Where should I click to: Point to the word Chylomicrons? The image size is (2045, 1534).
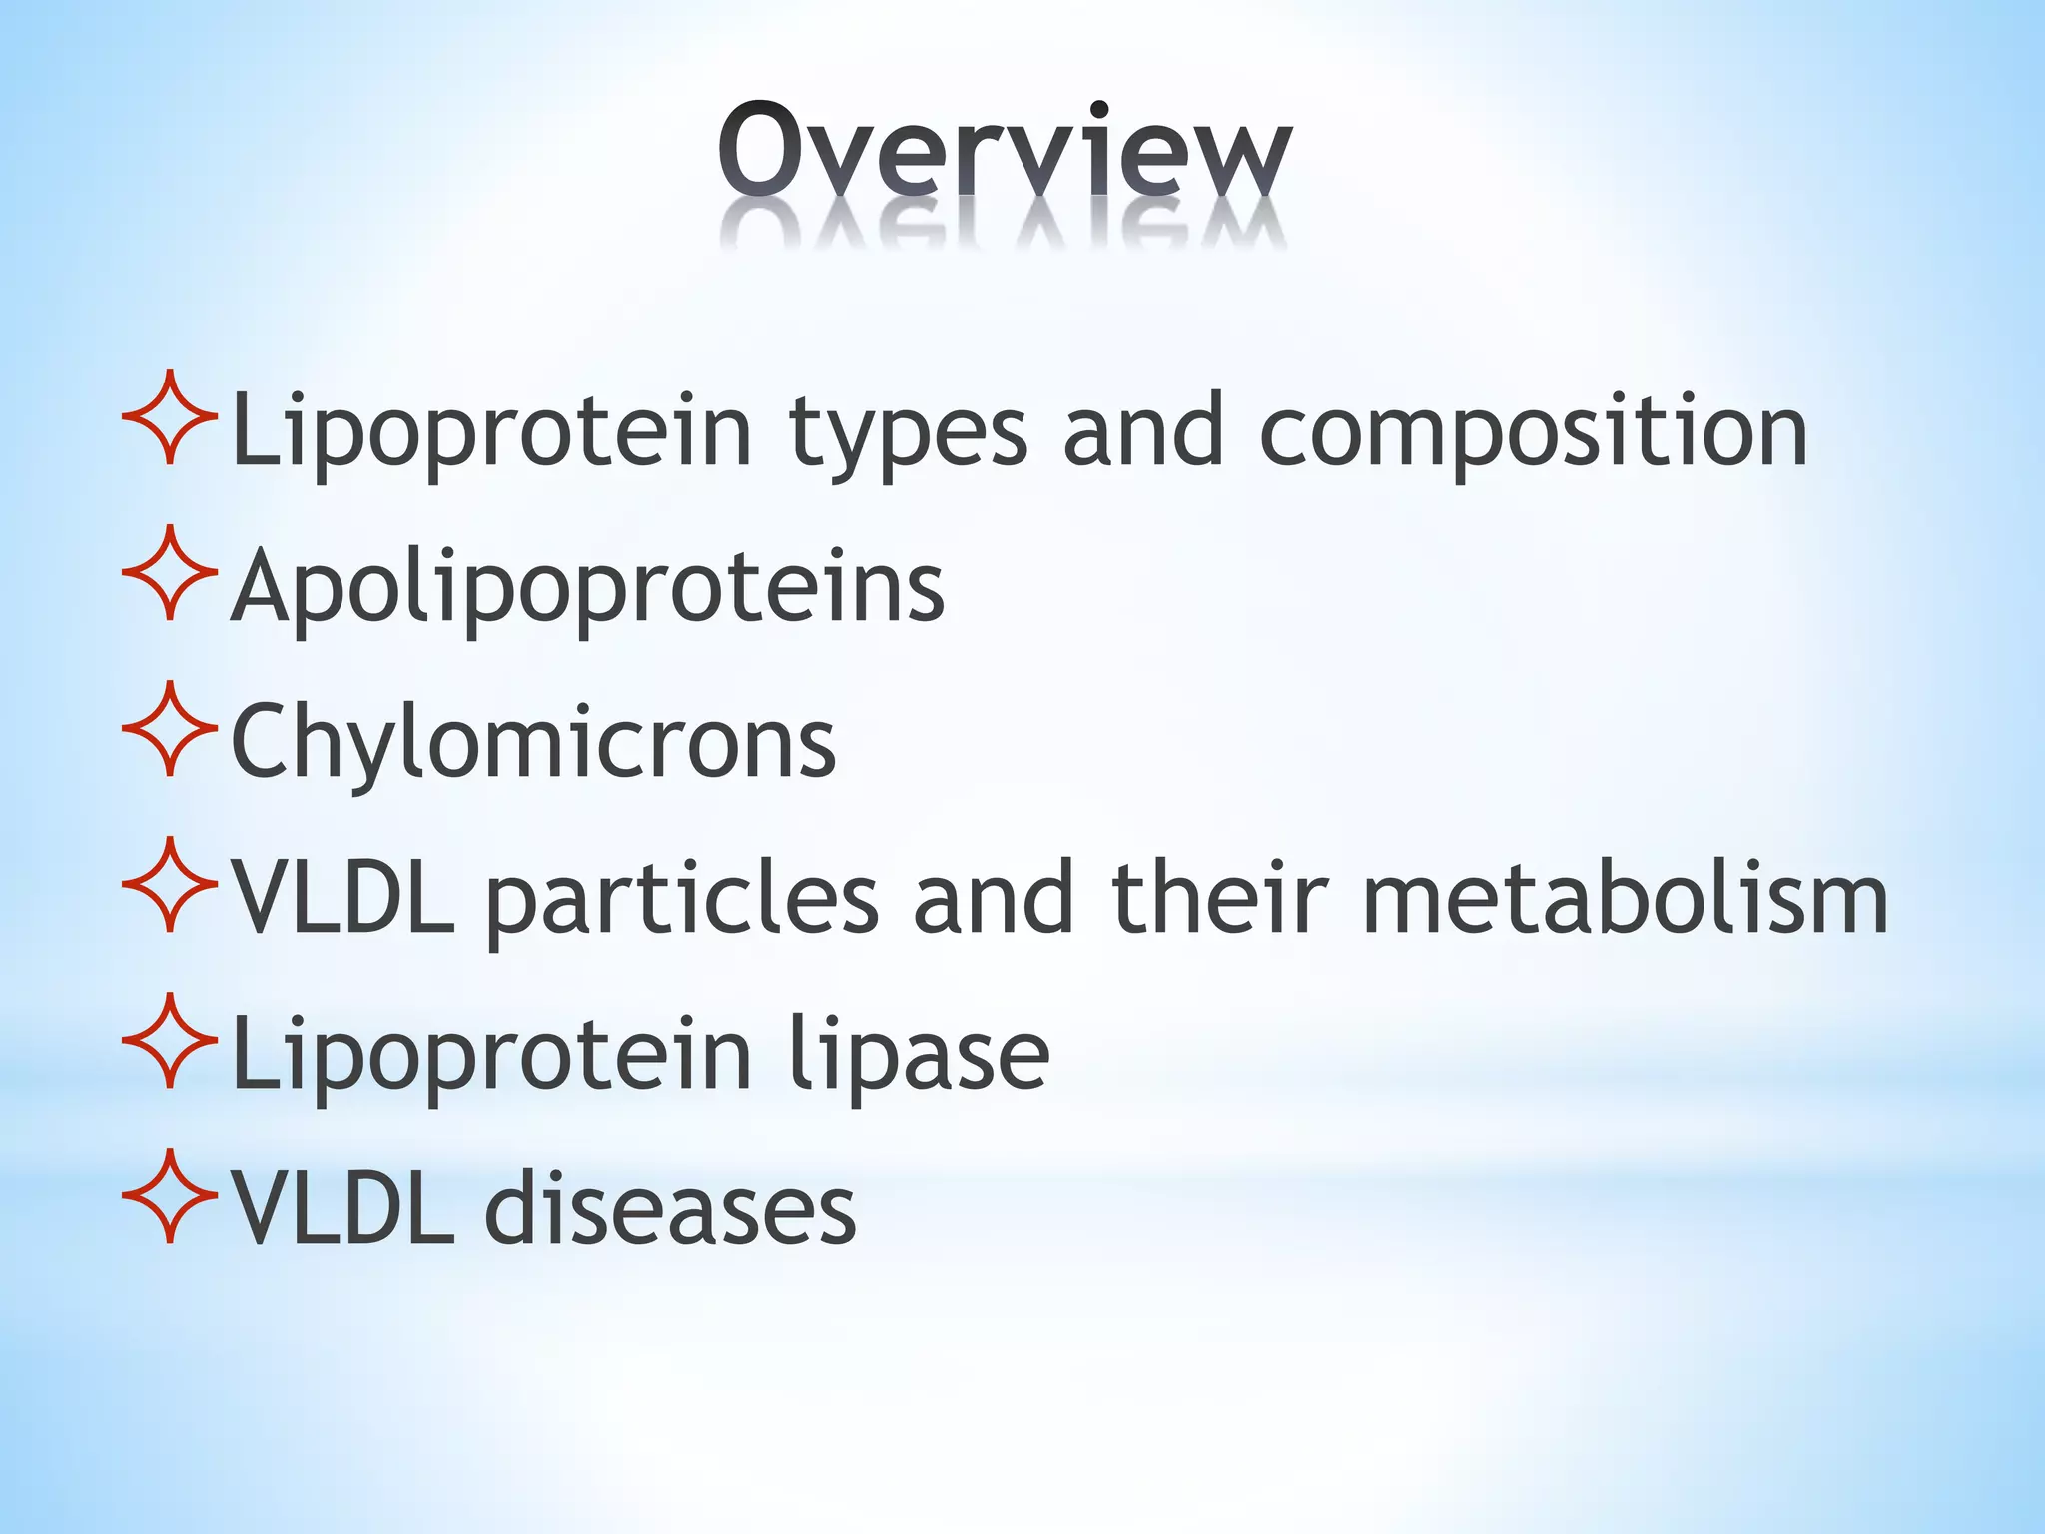point(533,743)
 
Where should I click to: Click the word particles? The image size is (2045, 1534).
point(681,899)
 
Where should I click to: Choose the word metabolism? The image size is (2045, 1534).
point(1625,899)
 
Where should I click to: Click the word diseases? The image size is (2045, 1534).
point(670,1210)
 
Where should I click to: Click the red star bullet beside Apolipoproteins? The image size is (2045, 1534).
point(170,573)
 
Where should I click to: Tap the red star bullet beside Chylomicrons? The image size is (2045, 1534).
point(170,729)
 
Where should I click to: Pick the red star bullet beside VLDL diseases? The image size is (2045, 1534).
point(170,1196)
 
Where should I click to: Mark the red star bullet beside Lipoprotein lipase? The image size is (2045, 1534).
point(170,1041)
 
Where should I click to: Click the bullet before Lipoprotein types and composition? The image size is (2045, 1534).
point(170,417)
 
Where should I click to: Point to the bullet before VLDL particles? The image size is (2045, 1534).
point(170,885)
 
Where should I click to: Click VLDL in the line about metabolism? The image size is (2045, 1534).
point(342,899)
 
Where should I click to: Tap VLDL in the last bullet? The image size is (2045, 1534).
point(342,1210)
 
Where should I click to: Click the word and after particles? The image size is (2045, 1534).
point(994,899)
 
